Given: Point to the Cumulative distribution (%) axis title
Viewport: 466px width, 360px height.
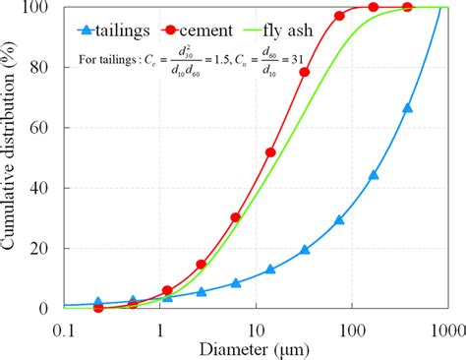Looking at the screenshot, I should click(x=12, y=157).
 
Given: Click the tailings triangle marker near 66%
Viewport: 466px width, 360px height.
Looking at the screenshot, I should click(x=407, y=108).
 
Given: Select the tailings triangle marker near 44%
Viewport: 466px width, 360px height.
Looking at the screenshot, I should click(x=374, y=175).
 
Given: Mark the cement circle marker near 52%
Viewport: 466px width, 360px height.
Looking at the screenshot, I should click(x=270, y=152).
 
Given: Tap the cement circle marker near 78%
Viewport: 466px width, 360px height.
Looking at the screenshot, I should click(x=305, y=72).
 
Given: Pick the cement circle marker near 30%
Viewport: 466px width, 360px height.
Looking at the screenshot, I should click(x=235, y=217).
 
